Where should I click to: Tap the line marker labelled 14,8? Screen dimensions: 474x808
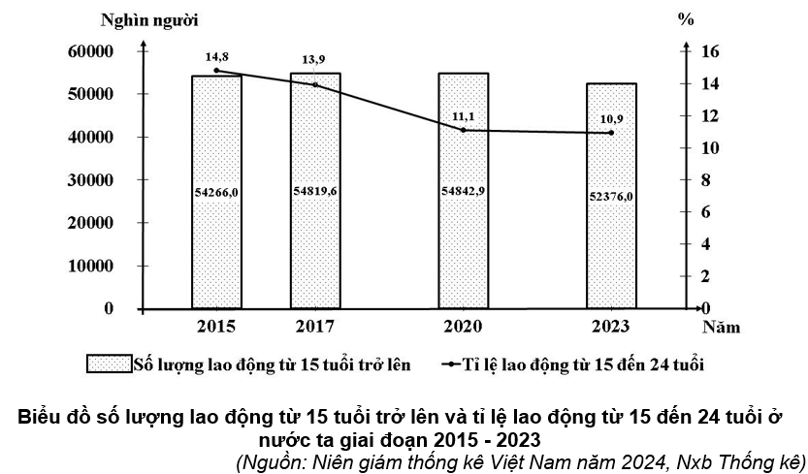(216, 70)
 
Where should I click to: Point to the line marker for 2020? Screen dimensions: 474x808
(463, 130)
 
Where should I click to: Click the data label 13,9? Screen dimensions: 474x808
(314, 60)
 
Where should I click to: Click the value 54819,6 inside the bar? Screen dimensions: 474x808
(315, 191)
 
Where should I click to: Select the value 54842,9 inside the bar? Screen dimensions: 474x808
(463, 191)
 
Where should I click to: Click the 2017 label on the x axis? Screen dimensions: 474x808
(314, 327)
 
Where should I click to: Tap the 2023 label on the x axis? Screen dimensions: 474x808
(611, 327)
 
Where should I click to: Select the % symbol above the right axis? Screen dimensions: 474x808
(686, 18)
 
